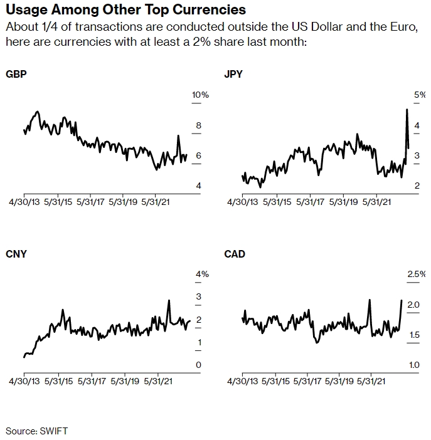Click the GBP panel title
(x=16, y=74)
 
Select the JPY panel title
(x=233, y=74)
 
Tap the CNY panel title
(x=16, y=254)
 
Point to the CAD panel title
(x=235, y=254)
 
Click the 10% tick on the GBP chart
(x=200, y=95)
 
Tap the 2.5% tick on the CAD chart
(x=417, y=274)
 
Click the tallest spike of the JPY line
(x=407, y=110)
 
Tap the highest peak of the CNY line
(x=169, y=300)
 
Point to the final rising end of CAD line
(x=402, y=300)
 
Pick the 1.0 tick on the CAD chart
(x=414, y=365)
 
